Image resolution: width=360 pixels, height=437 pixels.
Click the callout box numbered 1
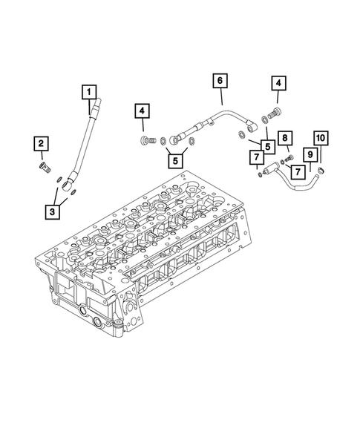pos(90,92)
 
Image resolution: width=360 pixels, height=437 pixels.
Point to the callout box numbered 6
pos(220,79)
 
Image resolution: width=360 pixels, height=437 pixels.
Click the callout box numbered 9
pos(310,154)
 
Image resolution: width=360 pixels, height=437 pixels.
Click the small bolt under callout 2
pos(44,167)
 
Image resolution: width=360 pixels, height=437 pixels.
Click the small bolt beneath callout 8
pos(289,157)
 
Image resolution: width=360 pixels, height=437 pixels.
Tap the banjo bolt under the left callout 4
pos(145,139)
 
